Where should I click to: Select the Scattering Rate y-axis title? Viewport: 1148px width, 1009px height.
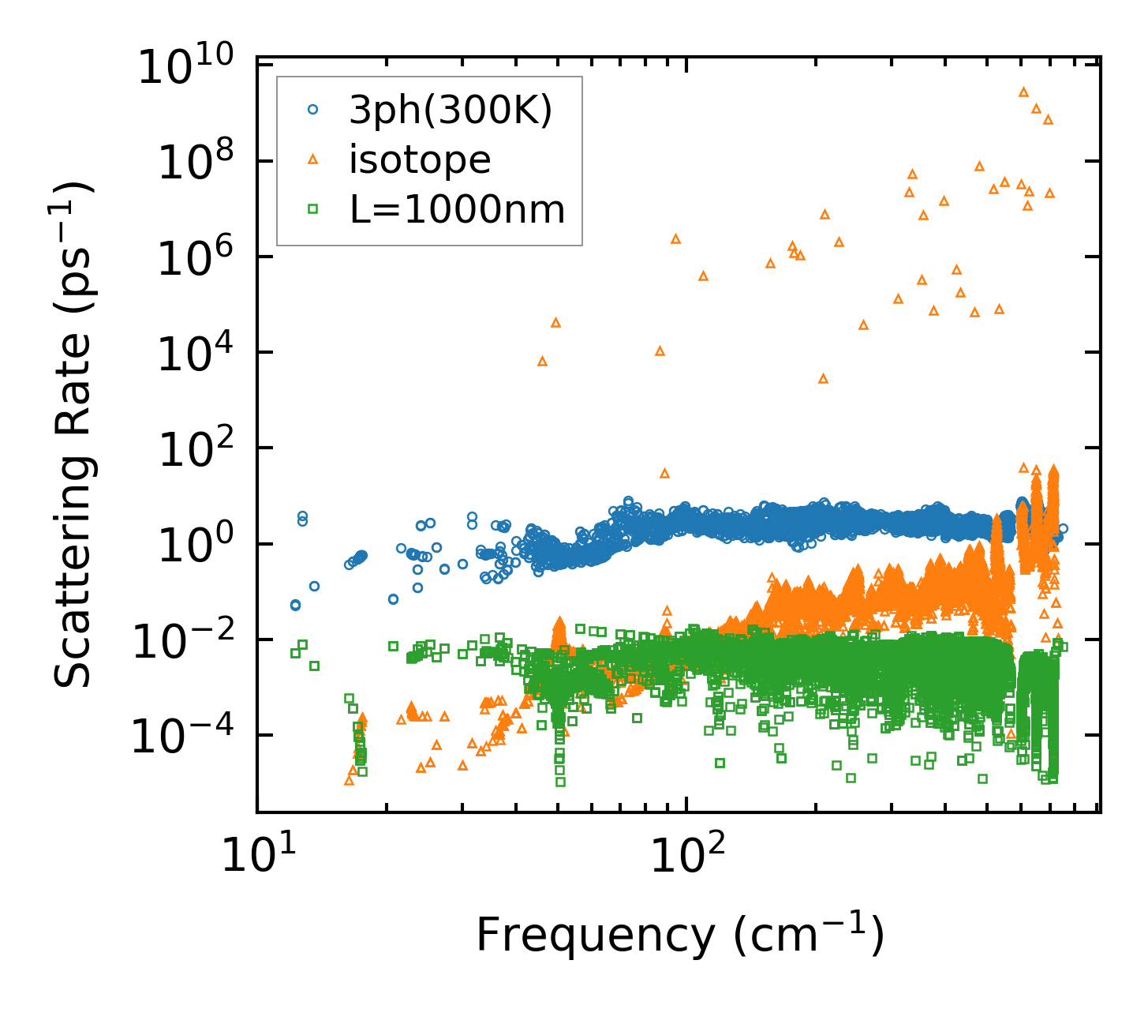click(x=76, y=433)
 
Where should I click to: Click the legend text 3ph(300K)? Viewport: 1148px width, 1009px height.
click(x=451, y=111)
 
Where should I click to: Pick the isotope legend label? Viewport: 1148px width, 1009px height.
click(x=420, y=160)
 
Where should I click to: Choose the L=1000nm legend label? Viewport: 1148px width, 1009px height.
click(x=457, y=210)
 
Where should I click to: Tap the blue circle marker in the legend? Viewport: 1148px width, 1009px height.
click(x=312, y=111)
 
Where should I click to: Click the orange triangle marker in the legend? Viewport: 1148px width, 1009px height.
click(x=312, y=160)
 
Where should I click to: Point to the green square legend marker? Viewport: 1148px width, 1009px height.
click(x=312, y=209)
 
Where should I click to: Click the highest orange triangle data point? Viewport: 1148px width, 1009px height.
click(x=1023, y=92)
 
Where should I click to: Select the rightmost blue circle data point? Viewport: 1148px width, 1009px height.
click(x=1063, y=529)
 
